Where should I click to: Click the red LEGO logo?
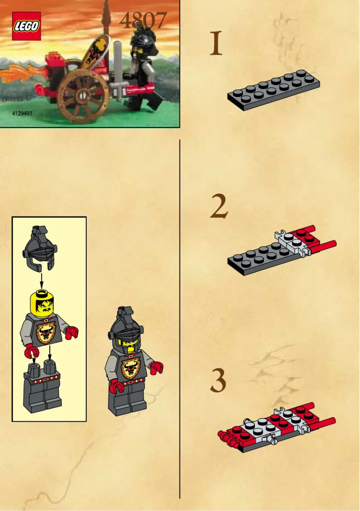[26, 26]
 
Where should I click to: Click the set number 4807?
[143, 21]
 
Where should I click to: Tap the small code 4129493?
[22, 114]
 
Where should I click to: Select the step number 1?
[216, 44]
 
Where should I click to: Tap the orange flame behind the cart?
[20, 74]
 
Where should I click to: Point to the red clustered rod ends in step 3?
[225, 436]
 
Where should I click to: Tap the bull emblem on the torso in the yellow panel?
[45, 331]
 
